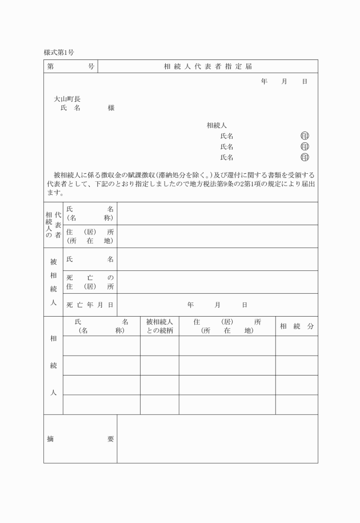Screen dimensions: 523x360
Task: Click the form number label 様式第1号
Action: click(x=59, y=52)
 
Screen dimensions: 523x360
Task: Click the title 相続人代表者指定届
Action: click(x=208, y=66)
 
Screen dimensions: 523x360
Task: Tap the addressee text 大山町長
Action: click(x=67, y=99)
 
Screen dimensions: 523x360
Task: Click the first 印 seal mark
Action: click(x=305, y=136)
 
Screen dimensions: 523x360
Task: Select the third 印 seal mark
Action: click(x=305, y=157)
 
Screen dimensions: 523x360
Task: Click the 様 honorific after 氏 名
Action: click(x=111, y=108)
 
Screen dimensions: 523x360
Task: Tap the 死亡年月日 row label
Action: click(x=90, y=305)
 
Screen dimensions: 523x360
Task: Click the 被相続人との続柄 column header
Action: click(x=159, y=326)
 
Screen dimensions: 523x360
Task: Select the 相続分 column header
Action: click(x=297, y=326)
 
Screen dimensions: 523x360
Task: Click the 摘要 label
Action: click(x=80, y=439)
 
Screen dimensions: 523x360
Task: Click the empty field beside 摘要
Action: click(x=217, y=439)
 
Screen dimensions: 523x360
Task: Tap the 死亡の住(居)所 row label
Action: click(x=90, y=282)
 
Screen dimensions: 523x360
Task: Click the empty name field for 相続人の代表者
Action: click(x=217, y=213)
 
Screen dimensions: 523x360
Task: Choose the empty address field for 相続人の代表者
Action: click(x=217, y=236)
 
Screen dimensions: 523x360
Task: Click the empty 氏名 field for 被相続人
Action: click(x=217, y=259)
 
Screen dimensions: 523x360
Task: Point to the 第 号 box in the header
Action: click(x=71, y=66)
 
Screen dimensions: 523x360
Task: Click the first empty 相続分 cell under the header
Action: click(x=297, y=346)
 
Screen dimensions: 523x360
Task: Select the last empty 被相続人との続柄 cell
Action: click(x=159, y=405)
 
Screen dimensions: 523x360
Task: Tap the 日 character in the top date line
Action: click(x=305, y=82)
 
